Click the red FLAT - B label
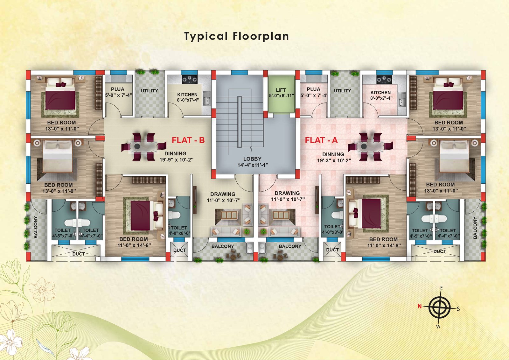[188, 140]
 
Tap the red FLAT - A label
[321, 140]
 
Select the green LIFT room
[281, 94]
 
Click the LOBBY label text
[252, 159]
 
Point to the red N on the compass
[420, 306]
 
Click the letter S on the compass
[458, 309]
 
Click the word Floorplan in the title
[261, 36]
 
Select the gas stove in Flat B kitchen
[190, 79]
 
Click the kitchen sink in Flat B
[206, 98]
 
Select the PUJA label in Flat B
[117, 89]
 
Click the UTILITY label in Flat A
[342, 90]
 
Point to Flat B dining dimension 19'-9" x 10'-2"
[176, 160]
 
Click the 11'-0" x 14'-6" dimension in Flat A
[384, 245]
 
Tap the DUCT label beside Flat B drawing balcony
[179, 250]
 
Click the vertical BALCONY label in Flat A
[475, 228]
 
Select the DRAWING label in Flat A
[287, 193]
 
